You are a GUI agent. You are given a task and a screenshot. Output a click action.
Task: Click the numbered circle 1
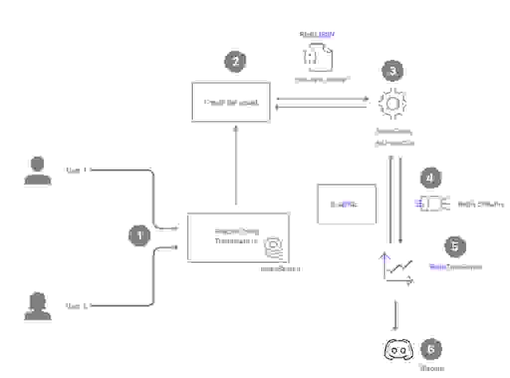click(x=139, y=235)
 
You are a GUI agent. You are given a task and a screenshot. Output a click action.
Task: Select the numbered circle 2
click(x=236, y=61)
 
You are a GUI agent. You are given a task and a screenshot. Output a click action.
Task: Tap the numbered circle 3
click(x=392, y=71)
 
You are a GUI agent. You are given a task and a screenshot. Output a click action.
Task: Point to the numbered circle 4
click(x=431, y=178)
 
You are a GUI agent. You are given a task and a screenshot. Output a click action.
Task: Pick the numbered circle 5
click(x=454, y=245)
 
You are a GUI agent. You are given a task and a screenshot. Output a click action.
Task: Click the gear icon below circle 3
click(x=392, y=103)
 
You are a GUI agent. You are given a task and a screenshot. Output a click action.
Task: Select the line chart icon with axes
click(x=397, y=269)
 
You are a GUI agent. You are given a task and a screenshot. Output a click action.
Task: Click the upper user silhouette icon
click(x=37, y=171)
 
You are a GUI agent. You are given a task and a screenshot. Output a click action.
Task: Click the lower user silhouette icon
click(x=37, y=306)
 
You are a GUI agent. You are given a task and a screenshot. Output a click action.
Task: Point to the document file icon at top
click(x=318, y=56)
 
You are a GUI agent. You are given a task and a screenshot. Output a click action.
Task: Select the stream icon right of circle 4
click(x=432, y=204)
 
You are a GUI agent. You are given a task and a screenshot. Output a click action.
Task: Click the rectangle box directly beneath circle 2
click(x=231, y=102)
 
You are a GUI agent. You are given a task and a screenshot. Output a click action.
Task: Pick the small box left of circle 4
click(x=347, y=204)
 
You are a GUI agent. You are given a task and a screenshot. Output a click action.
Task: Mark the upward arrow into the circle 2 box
click(x=236, y=165)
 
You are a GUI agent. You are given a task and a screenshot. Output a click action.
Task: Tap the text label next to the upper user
click(x=77, y=171)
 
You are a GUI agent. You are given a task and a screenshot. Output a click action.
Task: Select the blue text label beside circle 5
click(x=455, y=267)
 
